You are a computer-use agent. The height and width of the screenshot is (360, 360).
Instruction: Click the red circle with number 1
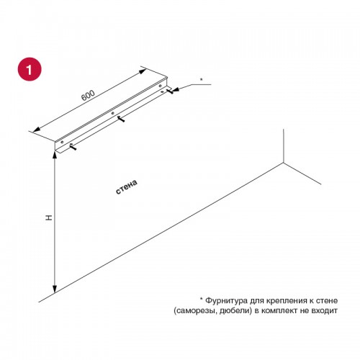coord(30,69)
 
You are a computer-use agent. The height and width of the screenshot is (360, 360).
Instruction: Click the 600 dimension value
coord(88,96)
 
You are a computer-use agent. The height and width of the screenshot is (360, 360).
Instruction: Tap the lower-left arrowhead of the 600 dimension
coord(36,130)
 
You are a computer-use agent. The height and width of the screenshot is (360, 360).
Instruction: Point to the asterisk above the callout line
coord(202,79)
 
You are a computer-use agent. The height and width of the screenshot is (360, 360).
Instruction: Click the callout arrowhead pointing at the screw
coord(176,89)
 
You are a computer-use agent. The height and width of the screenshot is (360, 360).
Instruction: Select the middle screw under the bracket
coord(121,119)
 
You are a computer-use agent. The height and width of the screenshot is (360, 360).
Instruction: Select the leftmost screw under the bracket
coord(73,147)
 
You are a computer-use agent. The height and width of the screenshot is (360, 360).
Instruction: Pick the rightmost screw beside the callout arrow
coord(169,91)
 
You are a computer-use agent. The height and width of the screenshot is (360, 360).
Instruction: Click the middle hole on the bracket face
coord(112,113)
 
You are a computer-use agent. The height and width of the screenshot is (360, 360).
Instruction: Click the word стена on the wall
coord(127,186)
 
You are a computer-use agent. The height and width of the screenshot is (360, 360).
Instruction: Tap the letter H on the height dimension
coord(49,217)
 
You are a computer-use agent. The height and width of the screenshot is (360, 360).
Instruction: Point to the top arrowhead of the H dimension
coord(55,156)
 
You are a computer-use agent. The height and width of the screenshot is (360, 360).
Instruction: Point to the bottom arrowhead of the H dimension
coord(55,289)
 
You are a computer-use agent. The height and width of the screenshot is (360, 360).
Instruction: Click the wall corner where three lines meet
coord(284,163)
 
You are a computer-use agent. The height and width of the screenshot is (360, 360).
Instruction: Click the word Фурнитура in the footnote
coord(226,300)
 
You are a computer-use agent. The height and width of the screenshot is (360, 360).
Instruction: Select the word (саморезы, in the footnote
coord(195,311)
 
